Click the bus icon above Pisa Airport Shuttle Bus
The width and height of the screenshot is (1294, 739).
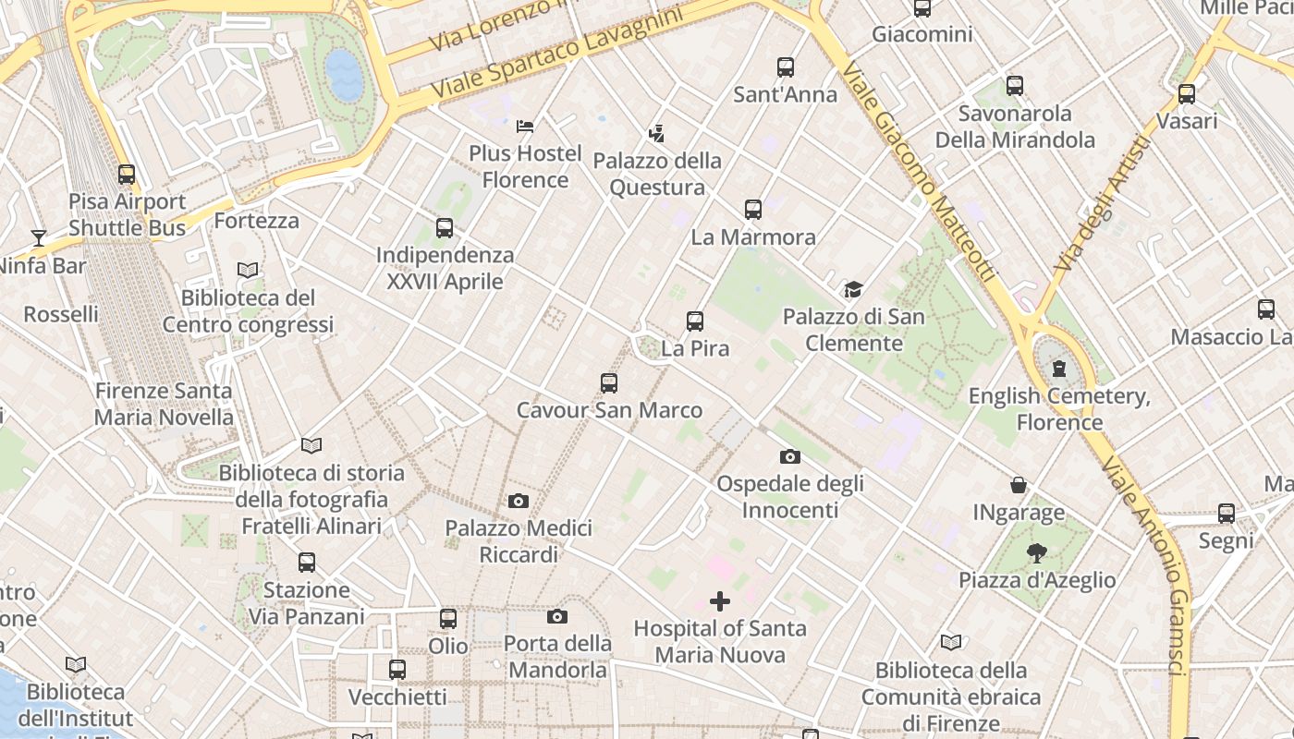[127, 174]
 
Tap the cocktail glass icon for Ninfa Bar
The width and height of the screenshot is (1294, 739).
[38, 238]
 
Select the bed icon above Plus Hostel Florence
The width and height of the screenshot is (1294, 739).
[525, 126]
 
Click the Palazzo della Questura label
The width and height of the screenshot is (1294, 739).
[657, 174]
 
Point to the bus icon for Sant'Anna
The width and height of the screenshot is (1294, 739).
[786, 67]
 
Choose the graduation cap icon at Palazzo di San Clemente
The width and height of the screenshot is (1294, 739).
[853, 290]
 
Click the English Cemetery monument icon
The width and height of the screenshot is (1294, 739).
[1059, 369]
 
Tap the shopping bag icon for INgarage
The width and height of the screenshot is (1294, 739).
[1019, 485]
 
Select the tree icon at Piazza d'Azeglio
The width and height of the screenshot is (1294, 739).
[1037, 553]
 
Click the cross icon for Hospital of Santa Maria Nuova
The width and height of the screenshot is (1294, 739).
[719, 601]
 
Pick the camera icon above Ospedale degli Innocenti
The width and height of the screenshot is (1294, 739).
[790, 456]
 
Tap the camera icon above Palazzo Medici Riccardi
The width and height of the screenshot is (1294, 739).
[519, 501]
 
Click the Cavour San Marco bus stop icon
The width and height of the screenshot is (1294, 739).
[609, 382]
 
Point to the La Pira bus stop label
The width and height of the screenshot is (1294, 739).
[696, 348]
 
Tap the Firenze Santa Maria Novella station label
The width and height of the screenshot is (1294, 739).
[165, 404]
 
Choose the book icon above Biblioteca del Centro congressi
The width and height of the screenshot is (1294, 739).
[248, 271]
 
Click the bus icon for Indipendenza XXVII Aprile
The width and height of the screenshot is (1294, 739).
[445, 227]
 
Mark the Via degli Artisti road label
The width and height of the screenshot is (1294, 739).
[1103, 203]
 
